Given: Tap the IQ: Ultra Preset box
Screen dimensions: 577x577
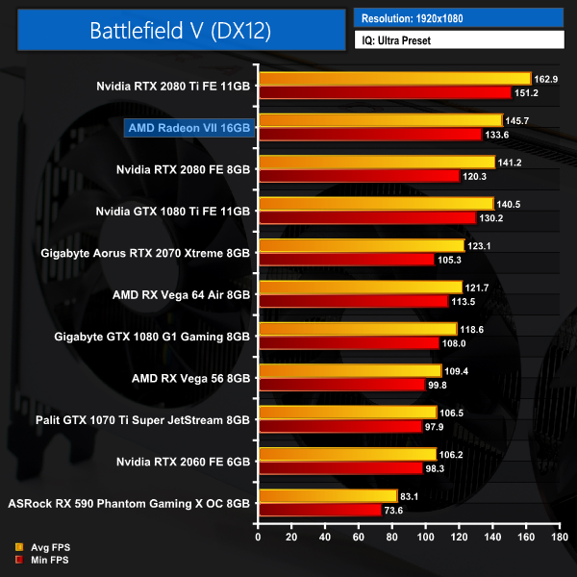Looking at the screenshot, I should click(458, 39).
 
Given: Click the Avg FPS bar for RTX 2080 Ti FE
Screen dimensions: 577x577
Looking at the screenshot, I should click(393, 79).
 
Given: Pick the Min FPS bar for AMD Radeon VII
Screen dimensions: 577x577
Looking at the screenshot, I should click(368, 135).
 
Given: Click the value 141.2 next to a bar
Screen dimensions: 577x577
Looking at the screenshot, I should click(509, 163).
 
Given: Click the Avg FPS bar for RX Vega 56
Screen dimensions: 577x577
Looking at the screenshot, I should click(348, 371).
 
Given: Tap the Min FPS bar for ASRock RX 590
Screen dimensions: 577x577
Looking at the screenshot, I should click(318, 510).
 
